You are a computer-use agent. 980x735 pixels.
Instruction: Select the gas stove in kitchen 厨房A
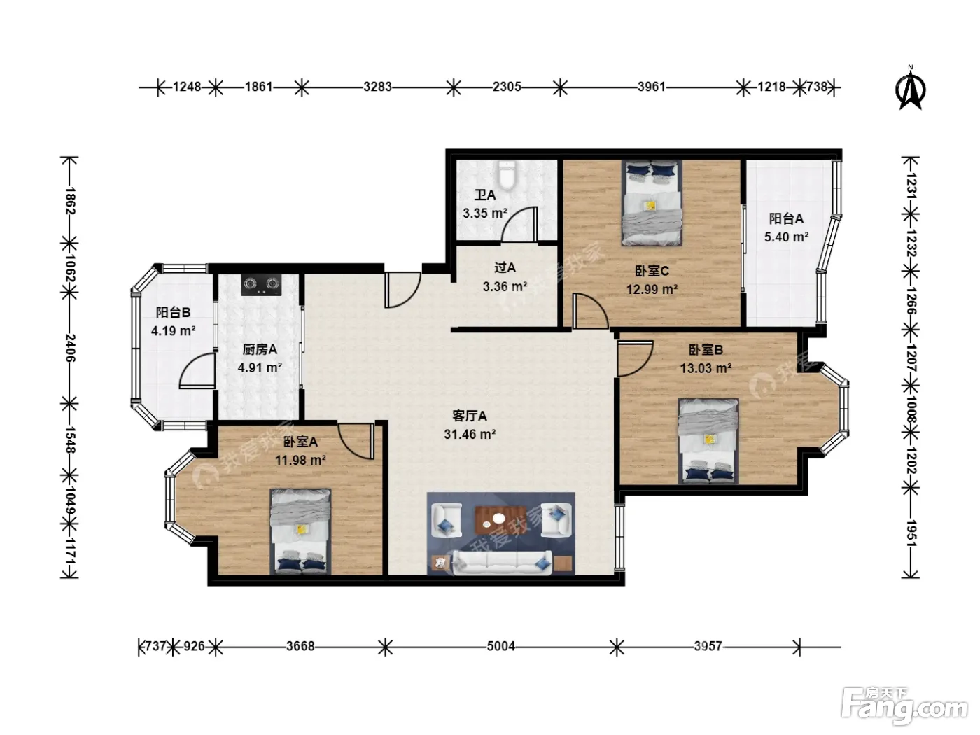(262, 284)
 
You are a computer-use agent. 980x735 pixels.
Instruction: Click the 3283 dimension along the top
(377, 87)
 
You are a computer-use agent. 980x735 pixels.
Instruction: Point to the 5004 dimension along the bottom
(501, 645)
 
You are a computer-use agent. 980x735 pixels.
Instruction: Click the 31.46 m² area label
(470, 434)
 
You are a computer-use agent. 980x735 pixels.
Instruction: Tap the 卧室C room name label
(652, 271)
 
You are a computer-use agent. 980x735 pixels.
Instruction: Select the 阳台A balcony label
(786, 218)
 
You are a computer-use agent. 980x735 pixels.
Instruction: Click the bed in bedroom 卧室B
(708, 441)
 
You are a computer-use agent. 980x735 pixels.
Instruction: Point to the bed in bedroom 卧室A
(300, 531)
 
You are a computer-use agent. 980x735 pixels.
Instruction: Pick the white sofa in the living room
(503, 563)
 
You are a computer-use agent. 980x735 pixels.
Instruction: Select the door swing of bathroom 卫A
(519, 225)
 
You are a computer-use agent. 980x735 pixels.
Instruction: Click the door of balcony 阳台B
(197, 370)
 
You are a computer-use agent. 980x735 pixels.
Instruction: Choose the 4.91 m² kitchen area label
(260, 367)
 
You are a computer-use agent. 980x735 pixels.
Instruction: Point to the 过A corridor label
(505, 268)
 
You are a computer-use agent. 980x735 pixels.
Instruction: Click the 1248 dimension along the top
(187, 87)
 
